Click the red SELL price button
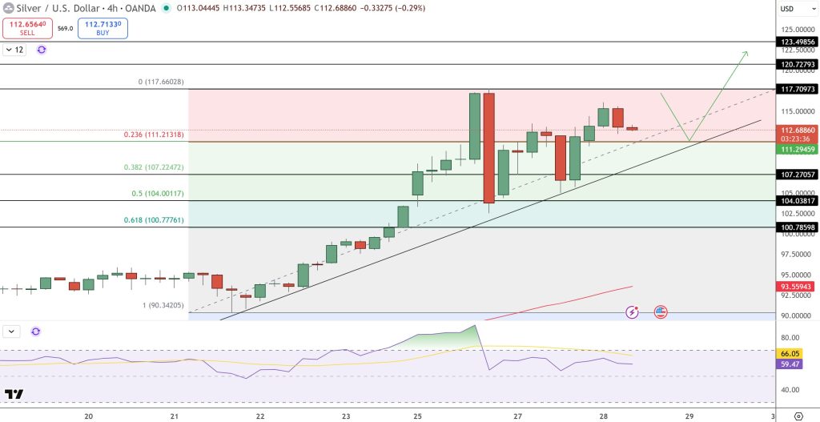[x=26, y=29]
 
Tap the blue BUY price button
[x=102, y=29]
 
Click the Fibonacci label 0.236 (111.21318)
[x=153, y=135]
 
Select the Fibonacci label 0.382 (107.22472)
[x=153, y=168]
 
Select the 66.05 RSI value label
[x=790, y=353]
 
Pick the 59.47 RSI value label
[x=790, y=364]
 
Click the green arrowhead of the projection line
[x=745, y=54]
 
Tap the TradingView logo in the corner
[x=14, y=394]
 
